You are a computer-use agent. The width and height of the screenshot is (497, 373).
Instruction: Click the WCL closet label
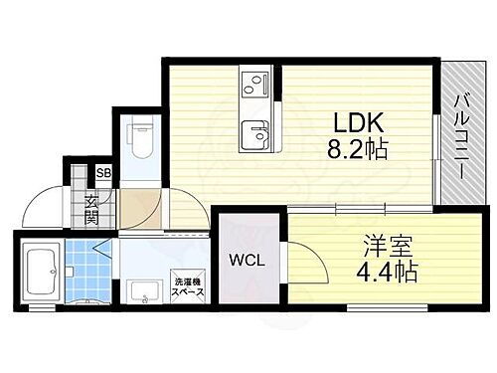[248, 262]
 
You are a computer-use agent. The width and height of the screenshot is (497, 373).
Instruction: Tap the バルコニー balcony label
[462, 135]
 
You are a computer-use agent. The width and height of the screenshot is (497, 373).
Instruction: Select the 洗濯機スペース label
[187, 285]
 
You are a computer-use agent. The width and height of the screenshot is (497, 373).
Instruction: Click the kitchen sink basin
[257, 132]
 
